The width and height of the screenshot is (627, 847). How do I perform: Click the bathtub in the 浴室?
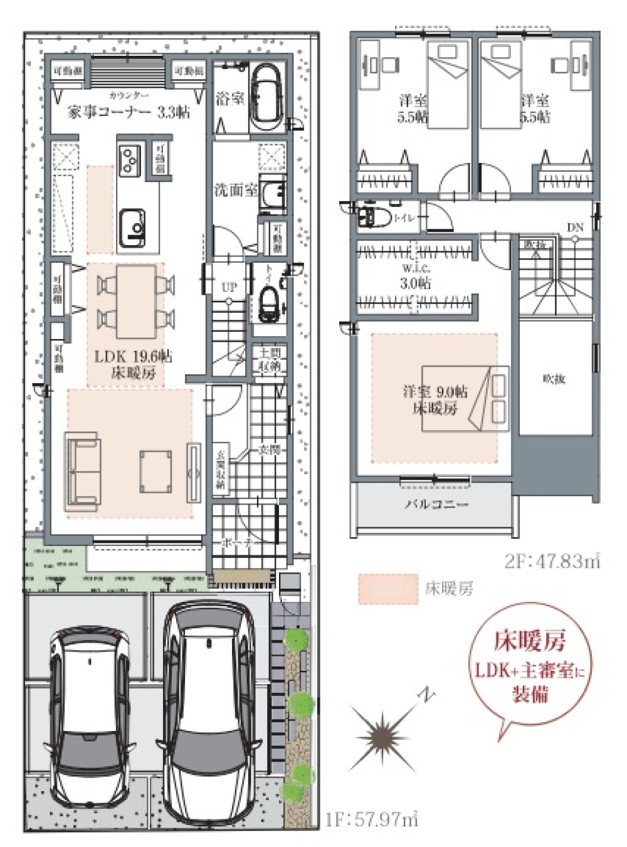268,97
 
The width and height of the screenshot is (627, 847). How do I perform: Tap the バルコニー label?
435,504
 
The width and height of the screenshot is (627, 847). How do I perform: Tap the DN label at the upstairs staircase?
575,228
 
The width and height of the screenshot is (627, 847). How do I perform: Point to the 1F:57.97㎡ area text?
372,818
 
